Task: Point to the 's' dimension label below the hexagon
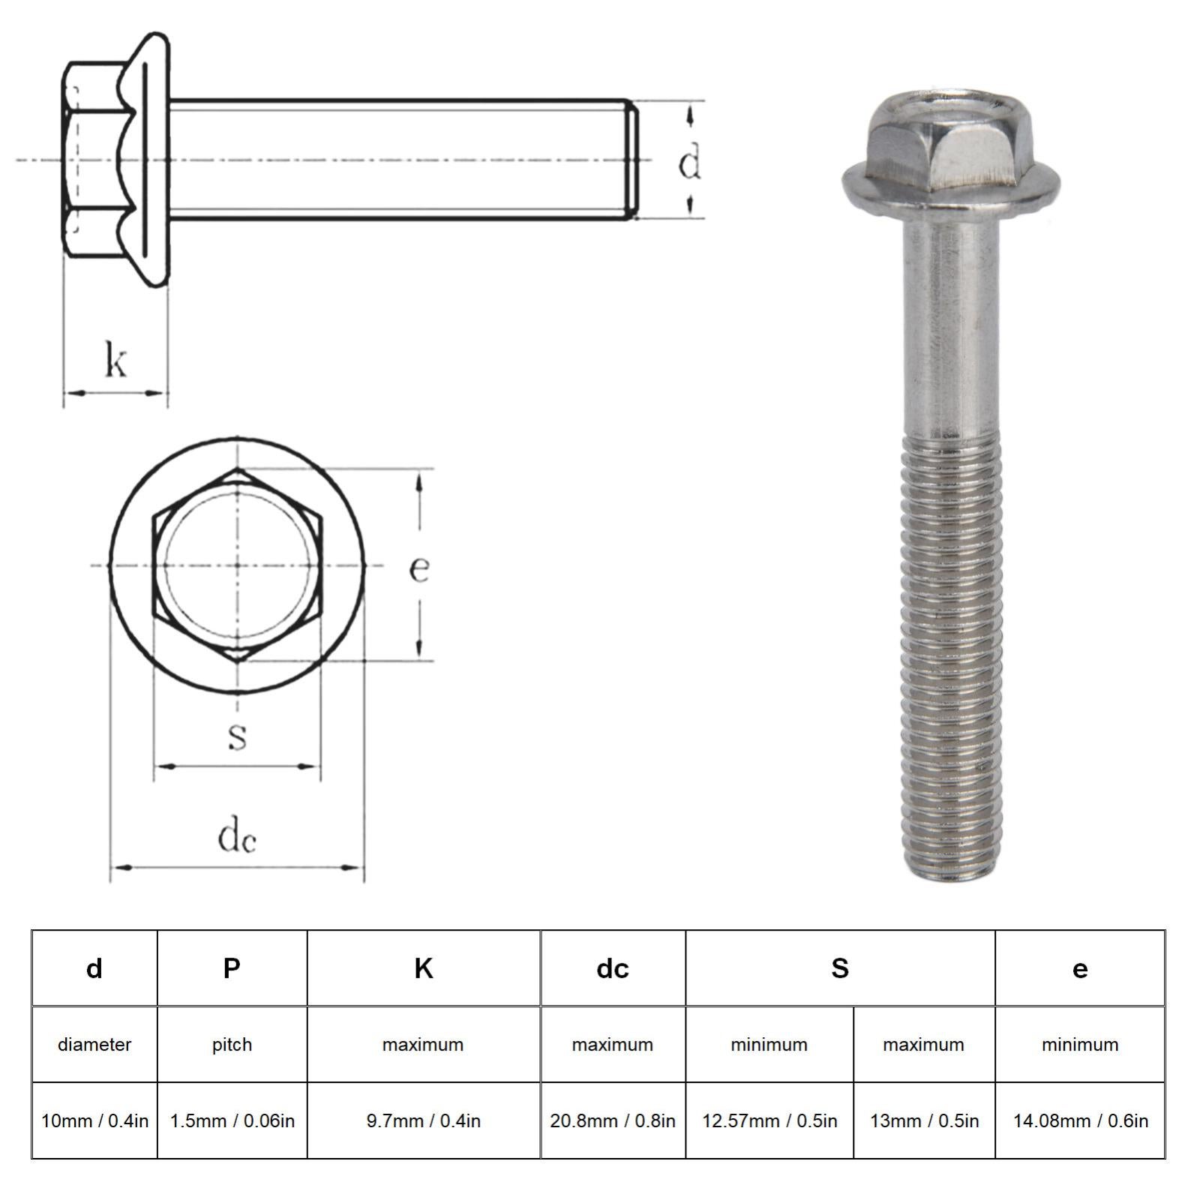click(x=237, y=736)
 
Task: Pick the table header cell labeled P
click(x=232, y=968)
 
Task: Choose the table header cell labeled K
click(x=423, y=968)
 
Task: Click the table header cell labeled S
click(x=840, y=968)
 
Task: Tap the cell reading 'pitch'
click(x=232, y=1045)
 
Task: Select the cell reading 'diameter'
click(x=94, y=1045)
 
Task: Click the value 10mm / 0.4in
click(x=94, y=1121)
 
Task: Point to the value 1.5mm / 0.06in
click(x=232, y=1121)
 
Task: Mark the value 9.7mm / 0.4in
click(x=423, y=1121)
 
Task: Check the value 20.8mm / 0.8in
click(x=612, y=1121)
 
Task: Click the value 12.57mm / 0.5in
click(x=769, y=1121)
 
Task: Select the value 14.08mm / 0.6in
click(x=1080, y=1121)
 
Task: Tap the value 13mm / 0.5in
click(x=924, y=1121)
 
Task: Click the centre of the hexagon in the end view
click(x=237, y=565)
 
